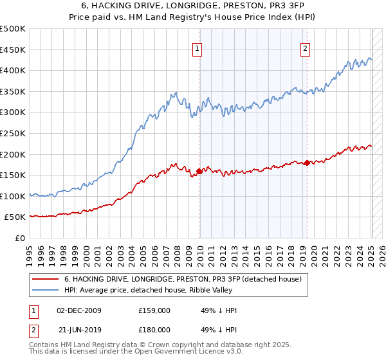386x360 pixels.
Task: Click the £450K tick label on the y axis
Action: click(13, 50)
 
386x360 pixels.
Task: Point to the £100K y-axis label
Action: click(13, 196)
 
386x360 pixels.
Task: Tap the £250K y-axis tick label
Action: click(13, 133)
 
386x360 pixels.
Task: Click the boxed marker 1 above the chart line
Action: click(196, 47)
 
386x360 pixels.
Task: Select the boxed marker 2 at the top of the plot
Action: click(304, 47)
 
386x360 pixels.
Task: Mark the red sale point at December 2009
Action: click(199, 171)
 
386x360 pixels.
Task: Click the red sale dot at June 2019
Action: click(308, 163)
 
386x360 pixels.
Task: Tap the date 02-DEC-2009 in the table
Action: click(79, 310)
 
